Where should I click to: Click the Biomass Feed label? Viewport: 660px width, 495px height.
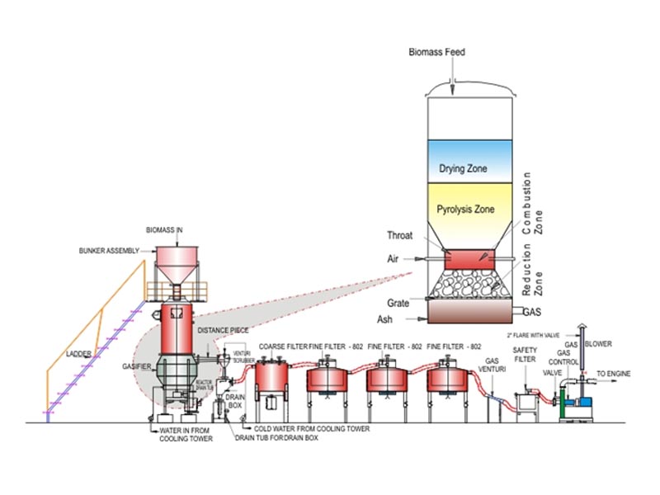tap(437, 52)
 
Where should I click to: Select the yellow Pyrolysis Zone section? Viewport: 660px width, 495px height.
tap(466, 210)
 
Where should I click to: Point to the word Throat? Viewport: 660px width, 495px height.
tap(399, 235)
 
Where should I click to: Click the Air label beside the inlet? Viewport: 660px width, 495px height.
tap(394, 258)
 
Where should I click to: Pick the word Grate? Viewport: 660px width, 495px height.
tap(398, 302)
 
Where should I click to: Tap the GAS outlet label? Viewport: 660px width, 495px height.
tap(532, 313)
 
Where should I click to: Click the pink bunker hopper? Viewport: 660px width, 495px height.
tap(178, 263)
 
